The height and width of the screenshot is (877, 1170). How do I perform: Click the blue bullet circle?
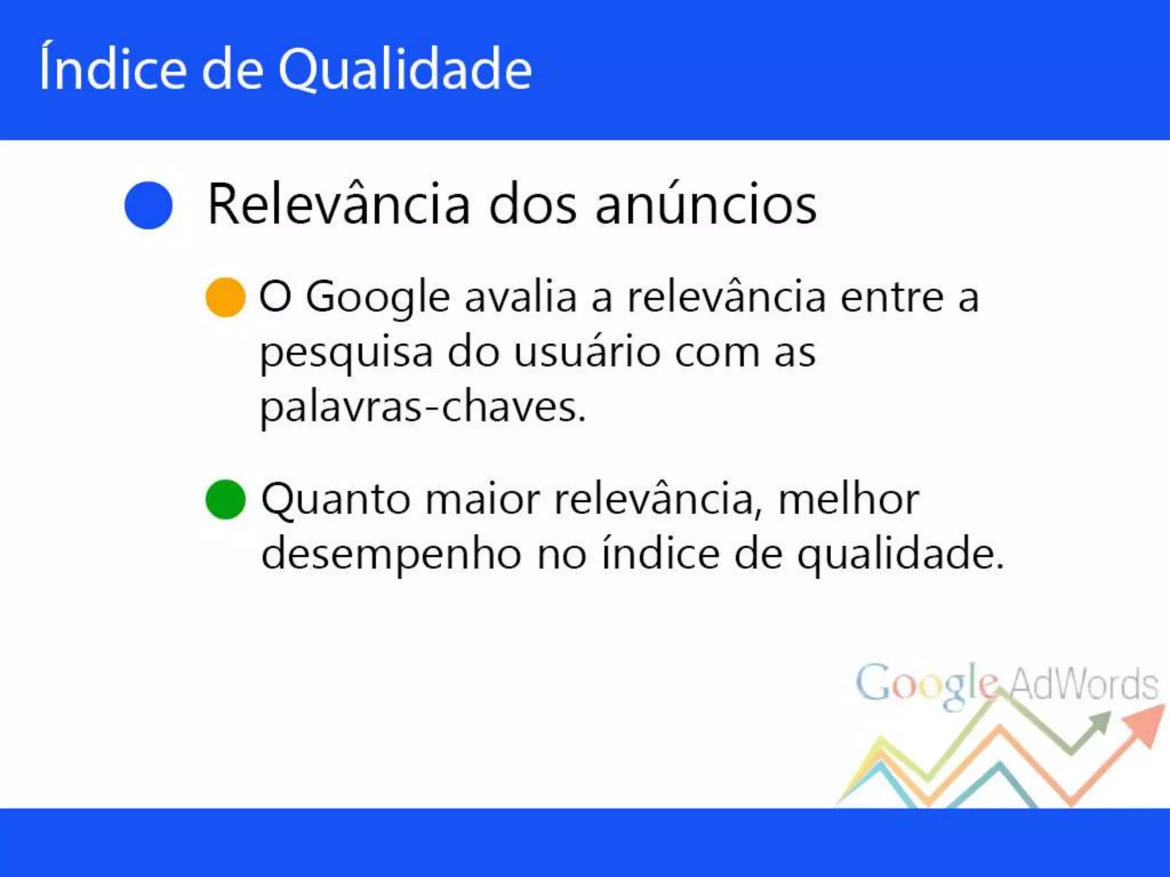pos(149,206)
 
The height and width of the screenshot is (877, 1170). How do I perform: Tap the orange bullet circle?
pos(226,297)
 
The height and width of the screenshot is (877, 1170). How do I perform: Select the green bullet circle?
pos(226,500)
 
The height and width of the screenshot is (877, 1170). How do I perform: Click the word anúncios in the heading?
pos(706,206)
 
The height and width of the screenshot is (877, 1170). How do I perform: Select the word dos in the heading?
pos(533,206)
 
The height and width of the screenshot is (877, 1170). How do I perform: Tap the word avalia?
pos(520,297)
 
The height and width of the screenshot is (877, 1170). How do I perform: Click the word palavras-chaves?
pos(423,407)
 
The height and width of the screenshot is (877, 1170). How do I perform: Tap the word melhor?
pos(848,500)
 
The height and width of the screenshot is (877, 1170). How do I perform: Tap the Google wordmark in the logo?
pos(927,683)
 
